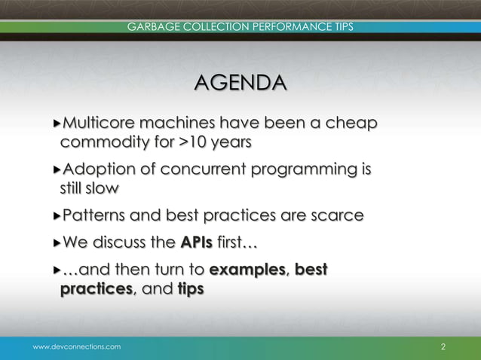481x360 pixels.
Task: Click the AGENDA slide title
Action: (240, 83)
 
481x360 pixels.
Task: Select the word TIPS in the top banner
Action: (343, 28)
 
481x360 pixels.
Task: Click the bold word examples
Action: (248, 270)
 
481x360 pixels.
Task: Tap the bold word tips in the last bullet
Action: (191, 288)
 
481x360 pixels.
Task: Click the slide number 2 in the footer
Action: (443, 346)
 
